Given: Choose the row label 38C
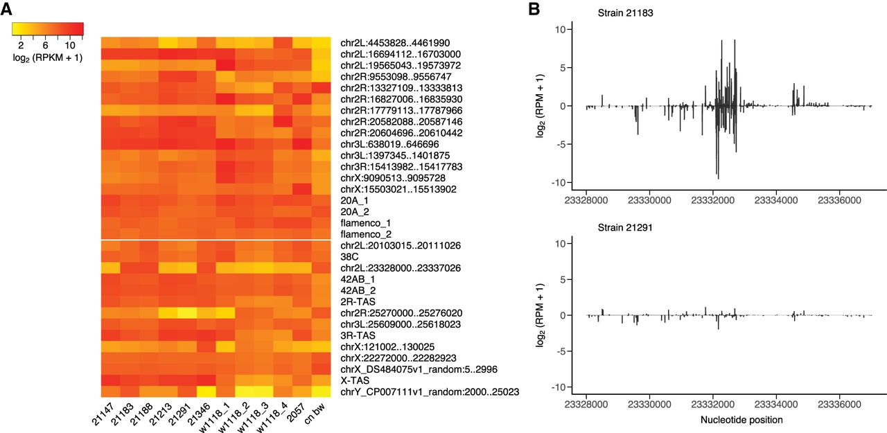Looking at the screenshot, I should click(350, 256).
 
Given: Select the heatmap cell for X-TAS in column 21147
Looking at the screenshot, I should click(109, 380).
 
